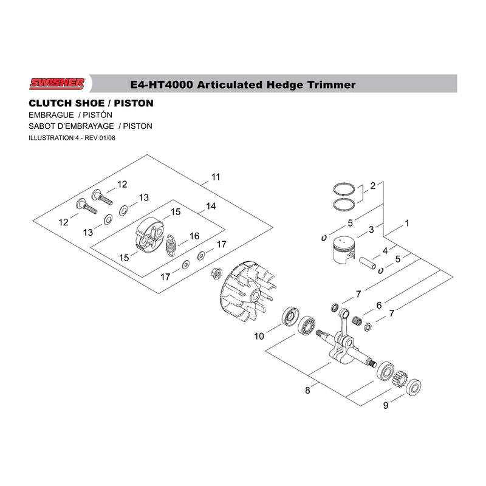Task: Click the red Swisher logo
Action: pyautogui.click(x=56, y=83)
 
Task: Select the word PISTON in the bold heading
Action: pyautogui.click(x=134, y=103)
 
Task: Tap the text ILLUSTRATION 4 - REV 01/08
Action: pyautogui.click(x=72, y=138)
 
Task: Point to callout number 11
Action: pyautogui.click(x=216, y=177)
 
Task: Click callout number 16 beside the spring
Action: pyautogui.click(x=194, y=236)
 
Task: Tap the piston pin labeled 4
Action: pyautogui.click(x=368, y=262)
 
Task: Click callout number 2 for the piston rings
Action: pyautogui.click(x=372, y=186)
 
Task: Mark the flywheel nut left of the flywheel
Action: pyautogui.click(x=216, y=273)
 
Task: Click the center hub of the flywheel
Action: pyautogui.click(x=256, y=296)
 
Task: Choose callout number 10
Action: pyautogui.click(x=259, y=336)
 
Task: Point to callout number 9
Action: pyautogui.click(x=386, y=405)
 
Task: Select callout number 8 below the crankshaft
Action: pyautogui.click(x=307, y=391)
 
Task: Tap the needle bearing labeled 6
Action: pyautogui.click(x=358, y=321)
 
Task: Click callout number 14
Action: pyautogui.click(x=211, y=206)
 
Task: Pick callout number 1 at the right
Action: pyautogui.click(x=407, y=223)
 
